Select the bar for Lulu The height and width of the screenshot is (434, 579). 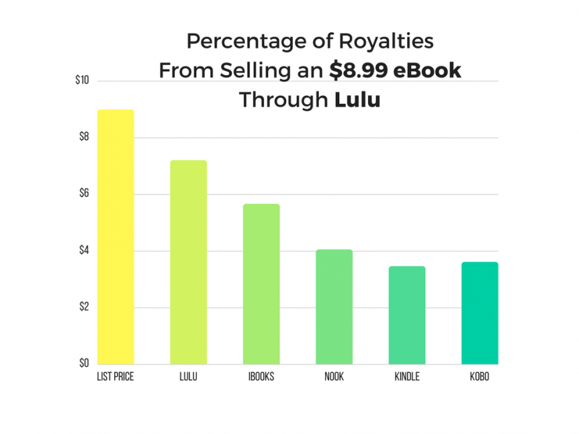[188, 262]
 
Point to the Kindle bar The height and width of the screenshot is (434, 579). [407, 315]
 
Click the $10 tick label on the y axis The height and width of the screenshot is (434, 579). [83, 81]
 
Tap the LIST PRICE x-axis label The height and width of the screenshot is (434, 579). [116, 376]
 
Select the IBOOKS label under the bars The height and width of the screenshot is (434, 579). [261, 376]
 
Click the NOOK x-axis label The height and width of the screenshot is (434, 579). [334, 376]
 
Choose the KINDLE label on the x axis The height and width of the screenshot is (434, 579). [407, 376]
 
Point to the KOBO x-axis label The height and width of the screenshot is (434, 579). [480, 376]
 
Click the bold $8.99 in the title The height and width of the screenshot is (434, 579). [363, 70]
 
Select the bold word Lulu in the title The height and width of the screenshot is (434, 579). [357, 100]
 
